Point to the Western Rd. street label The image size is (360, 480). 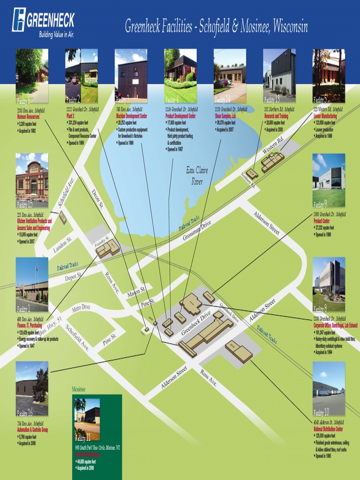[x=273, y=145]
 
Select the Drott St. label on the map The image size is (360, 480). [x=97, y=200]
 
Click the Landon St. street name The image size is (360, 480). [x=63, y=244]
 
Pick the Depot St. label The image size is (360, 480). [x=73, y=277]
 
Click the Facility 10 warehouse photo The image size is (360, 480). [x=329, y=389]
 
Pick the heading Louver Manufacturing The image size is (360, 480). [x=325, y=116]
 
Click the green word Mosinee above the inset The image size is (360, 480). [x=78, y=390]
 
